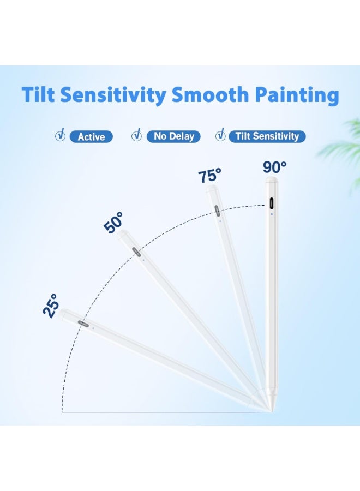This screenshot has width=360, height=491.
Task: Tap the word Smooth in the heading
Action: coord(211,94)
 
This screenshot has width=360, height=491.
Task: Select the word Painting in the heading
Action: coord(297,95)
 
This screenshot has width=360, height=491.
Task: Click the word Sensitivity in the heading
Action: coord(113,95)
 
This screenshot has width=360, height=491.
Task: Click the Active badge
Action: coord(91,136)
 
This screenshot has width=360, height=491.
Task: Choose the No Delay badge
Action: coord(173,136)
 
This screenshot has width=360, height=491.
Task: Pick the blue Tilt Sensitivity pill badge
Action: coord(267,136)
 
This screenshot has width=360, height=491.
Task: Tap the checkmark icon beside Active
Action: coord(61,135)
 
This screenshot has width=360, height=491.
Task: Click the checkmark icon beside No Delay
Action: coord(136,135)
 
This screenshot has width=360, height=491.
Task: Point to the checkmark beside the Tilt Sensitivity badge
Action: coord(220,135)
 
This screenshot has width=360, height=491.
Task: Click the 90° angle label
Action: coord(274,167)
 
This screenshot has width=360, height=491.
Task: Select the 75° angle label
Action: coord(210,175)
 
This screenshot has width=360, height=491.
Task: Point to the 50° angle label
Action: coord(113,223)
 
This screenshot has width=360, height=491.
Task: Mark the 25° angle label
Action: coord(51,306)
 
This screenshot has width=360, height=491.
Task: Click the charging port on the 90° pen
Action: coord(272,203)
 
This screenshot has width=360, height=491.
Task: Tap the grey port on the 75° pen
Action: coord(217,211)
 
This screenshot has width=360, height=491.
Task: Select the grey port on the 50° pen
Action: coord(136,252)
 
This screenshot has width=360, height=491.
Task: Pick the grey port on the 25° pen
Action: coord(83,324)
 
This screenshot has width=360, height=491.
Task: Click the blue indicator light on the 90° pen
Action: coord(272,214)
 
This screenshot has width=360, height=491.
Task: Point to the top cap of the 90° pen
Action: coord(272,180)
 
